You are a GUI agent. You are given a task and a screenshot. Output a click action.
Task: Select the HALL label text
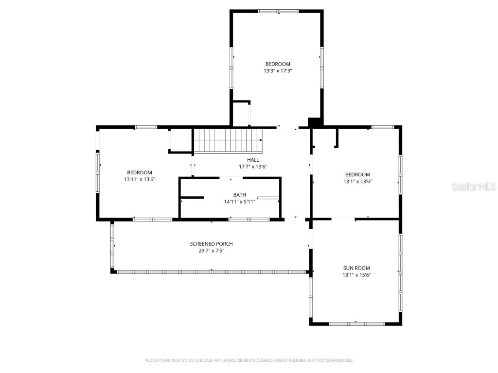tap(253, 160)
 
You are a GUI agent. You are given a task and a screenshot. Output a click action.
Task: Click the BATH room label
tap(239, 195)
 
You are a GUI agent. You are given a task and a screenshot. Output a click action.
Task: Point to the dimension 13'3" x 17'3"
tap(278, 71)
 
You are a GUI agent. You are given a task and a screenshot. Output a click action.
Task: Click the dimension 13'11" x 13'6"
tap(140, 179)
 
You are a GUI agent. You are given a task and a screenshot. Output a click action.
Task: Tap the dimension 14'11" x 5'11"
tap(239, 202)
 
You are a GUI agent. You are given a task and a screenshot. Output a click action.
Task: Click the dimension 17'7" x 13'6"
tap(253, 167)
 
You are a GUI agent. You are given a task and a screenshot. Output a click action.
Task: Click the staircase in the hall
tap(228, 140)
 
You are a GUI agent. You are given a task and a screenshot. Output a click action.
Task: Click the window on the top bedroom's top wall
tap(278, 11)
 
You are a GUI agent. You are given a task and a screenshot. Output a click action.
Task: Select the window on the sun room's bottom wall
tap(357, 323)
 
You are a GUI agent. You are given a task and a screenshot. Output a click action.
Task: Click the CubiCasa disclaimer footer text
tap(249, 360)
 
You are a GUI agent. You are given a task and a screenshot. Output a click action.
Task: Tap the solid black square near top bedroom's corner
tap(315, 123)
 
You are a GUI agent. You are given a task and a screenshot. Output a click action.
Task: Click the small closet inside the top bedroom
tap(241, 114)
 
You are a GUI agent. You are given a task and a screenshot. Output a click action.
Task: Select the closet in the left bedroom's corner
tap(180, 140)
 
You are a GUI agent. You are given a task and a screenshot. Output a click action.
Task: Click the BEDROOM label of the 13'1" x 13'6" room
tap(357, 175)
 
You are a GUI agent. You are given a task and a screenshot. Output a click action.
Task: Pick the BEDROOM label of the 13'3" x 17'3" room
tap(278, 64)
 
